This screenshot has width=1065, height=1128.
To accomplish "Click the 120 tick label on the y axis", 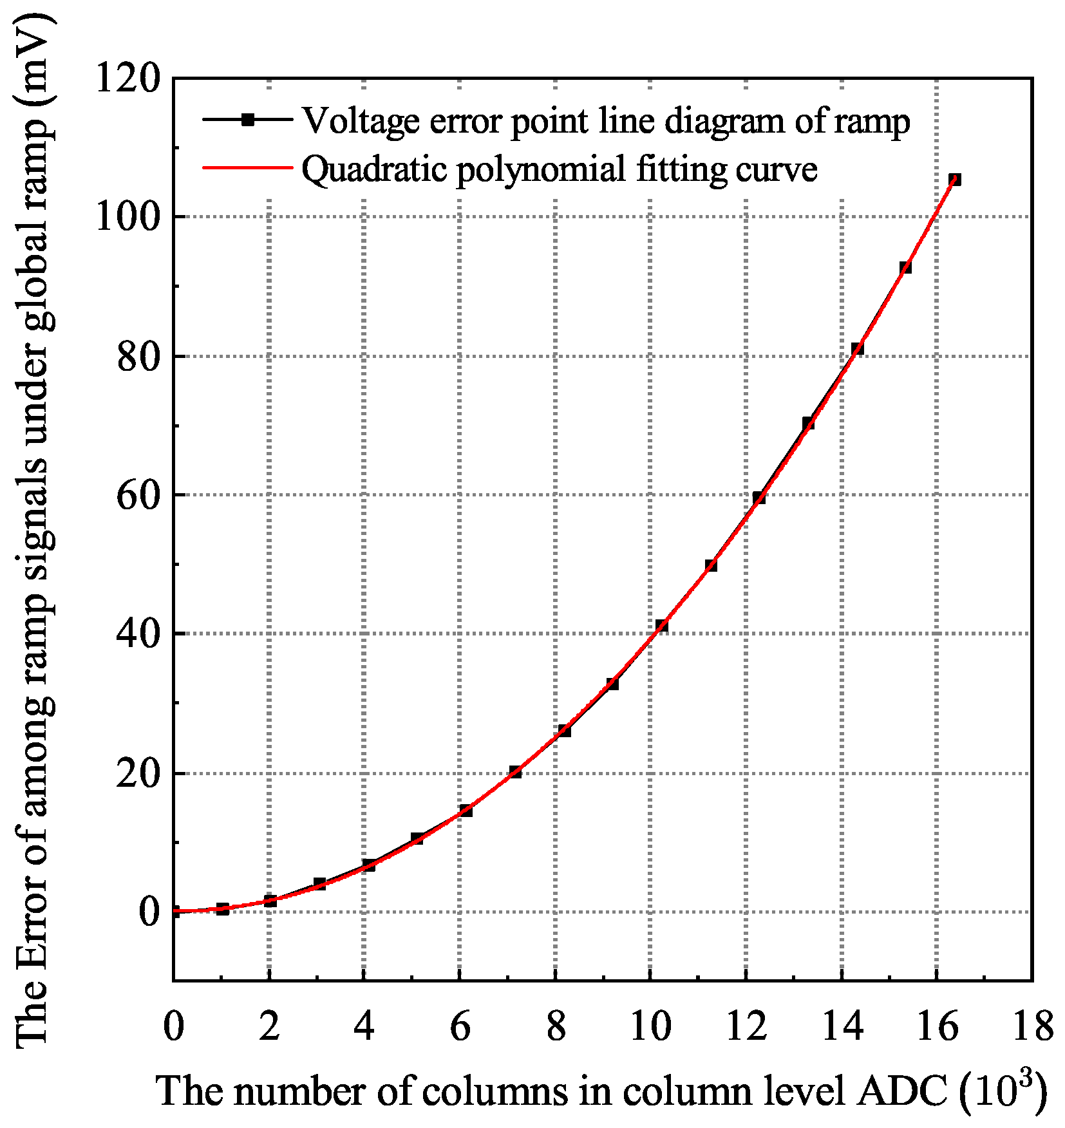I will [127, 79].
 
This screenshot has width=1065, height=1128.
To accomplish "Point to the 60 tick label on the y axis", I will [138, 496].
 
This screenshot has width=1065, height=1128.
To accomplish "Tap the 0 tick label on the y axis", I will [149, 913].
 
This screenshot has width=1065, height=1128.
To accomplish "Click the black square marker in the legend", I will [248, 120].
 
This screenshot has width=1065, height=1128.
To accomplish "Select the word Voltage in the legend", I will [361, 122].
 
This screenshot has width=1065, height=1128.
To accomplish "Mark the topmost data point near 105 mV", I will [954, 180].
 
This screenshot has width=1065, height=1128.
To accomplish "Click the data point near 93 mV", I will [905, 267].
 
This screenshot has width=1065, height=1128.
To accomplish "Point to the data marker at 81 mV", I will [857, 348].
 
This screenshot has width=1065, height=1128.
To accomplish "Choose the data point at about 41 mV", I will [661, 625].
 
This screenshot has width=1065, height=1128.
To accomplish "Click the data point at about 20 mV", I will [515, 771].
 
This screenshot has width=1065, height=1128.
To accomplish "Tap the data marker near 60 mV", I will [759, 497].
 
